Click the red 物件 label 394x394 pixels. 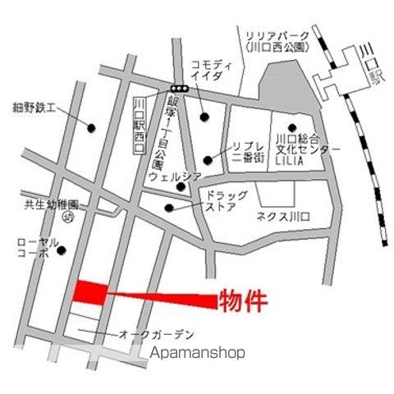coord(243,300)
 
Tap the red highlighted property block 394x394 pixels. coord(91,292)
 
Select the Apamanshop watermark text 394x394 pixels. coord(199,353)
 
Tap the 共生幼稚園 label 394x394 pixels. coord(51,204)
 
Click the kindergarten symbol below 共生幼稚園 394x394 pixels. coord(68,217)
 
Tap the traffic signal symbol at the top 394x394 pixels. coord(179,88)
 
